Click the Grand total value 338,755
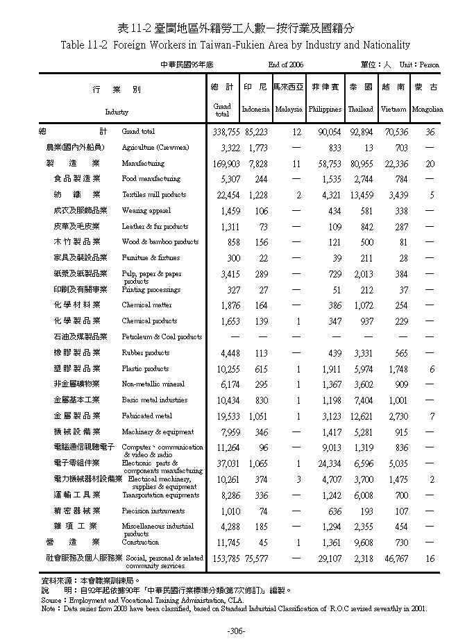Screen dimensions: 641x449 click(x=221, y=131)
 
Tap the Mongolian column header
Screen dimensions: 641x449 click(x=427, y=110)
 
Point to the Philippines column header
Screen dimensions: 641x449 click(x=325, y=110)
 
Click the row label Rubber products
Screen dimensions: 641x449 click(x=145, y=353)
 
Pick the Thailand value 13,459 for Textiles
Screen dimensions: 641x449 click(x=360, y=195)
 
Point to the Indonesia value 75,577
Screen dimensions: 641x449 click(x=256, y=558)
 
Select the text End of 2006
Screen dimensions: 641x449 click(x=287, y=65)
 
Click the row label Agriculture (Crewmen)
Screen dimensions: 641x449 click(x=155, y=148)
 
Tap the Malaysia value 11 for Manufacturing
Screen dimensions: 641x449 click(x=297, y=164)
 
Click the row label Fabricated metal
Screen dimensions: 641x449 click(x=146, y=416)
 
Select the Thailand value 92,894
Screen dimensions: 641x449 click(x=360, y=131)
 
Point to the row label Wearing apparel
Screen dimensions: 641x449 click(x=146, y=211)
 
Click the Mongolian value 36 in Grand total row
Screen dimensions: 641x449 click(x=430, y=131)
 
